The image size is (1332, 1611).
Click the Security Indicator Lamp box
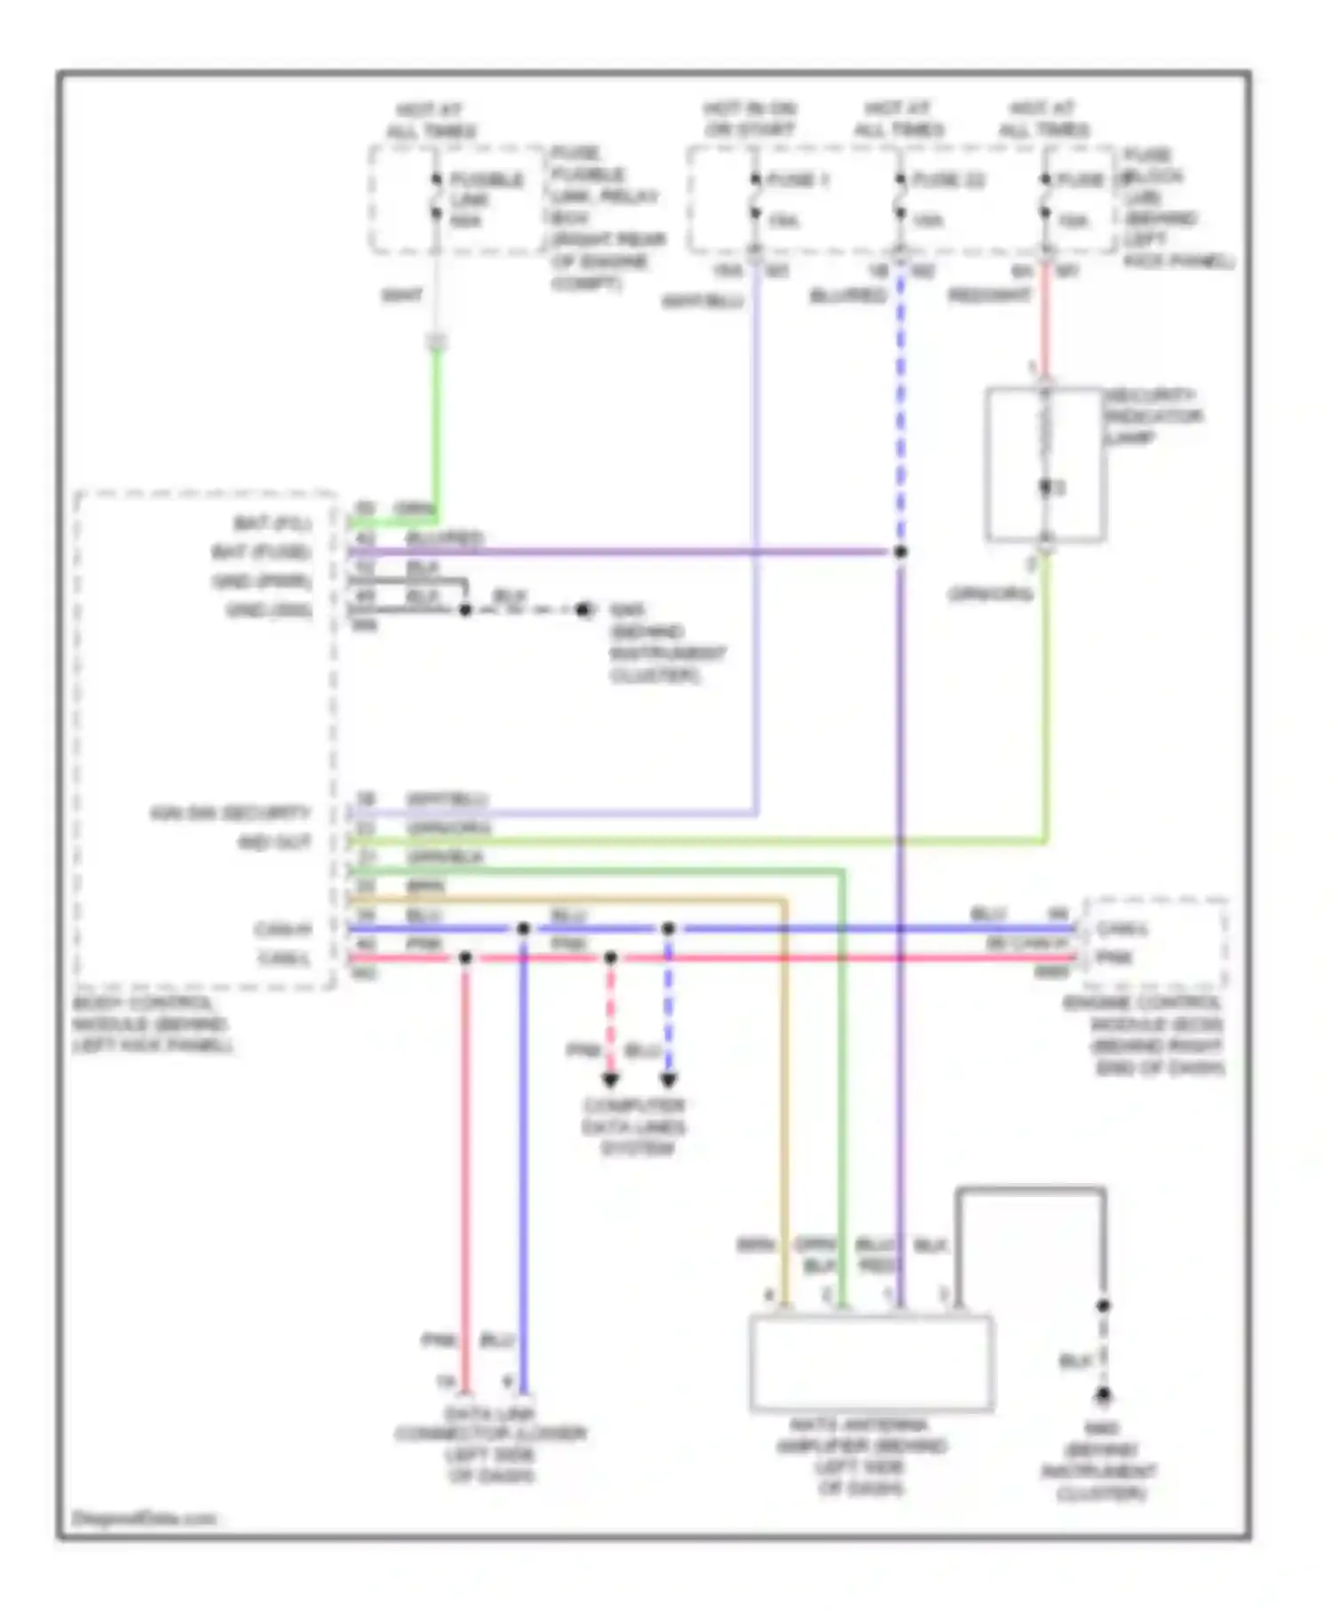pyautogui.click(x=1045, y=464)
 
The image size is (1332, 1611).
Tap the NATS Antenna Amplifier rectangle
pyautogui.click(x=870, y=1363)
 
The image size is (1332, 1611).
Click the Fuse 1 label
pyautogui.click(x=797, y=180)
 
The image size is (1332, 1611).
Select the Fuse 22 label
pyautogui.click(x=948, y=180)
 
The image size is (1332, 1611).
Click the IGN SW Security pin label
pyautogui.click(x=231, y=813)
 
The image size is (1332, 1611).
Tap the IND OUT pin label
pyautogui.click(x=274, y=842)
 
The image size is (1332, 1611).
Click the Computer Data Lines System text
pyautogui.click(x=634, y=1126)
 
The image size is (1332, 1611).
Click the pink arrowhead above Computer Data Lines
pyautogui.click(x=610, y=1080)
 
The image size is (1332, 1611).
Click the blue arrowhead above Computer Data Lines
pyautogui.click(x=669, y=1080)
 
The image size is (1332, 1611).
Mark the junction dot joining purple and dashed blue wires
pyautogui.click(x=900, y=552)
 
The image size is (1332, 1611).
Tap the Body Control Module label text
pyautogui.click(x=151, y=1024)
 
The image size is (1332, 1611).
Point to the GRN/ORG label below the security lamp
pyautogui.click(x=989, y=593)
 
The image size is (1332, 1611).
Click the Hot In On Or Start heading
pyautogui.click(x=750, y=119)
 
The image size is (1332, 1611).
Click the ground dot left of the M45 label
pyautogui.click(x=583, y=610)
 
